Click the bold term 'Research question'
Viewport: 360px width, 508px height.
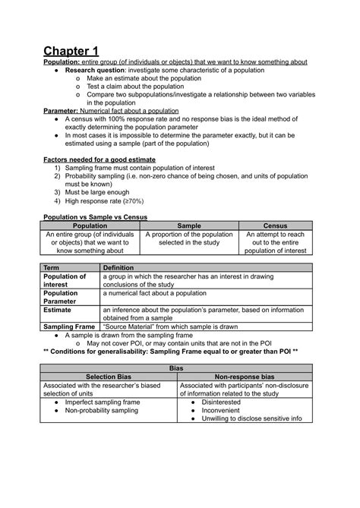click(x=96, y=70)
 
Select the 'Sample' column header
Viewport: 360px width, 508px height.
click(x=190, y=226)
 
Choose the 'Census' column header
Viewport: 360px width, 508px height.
click(x=275, y=226)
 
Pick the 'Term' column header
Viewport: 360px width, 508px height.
click(x=52, y=268)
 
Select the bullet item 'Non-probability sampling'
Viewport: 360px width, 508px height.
click(x=103, y=410)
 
